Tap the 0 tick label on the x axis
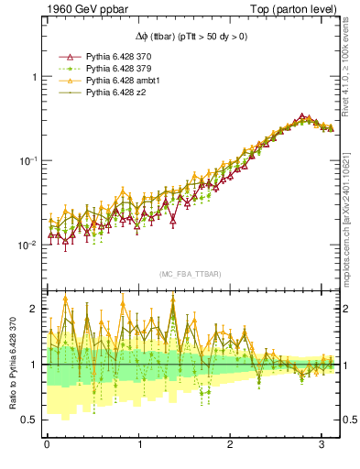[47, 445]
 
